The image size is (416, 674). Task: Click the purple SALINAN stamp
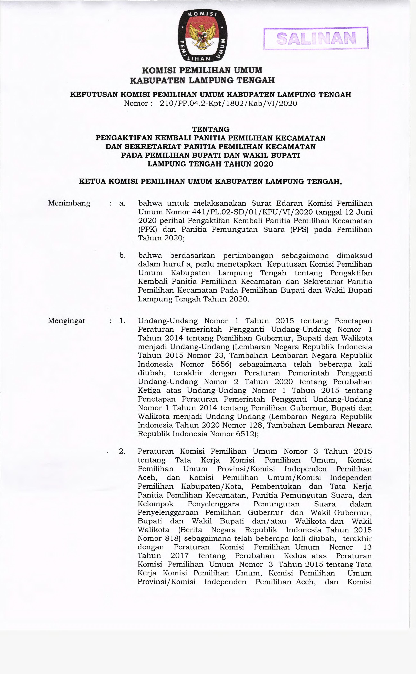pyautogui.click(x=316, y=39)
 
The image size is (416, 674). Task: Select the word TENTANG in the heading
pyautogui.click(x=210, y=129)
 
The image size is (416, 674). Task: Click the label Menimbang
pyautogui.click(x=69, y=203)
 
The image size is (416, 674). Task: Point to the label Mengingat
pyautogui.click(x=67, y=321)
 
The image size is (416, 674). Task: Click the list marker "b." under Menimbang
pyautogui.click(x=122, y=256)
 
